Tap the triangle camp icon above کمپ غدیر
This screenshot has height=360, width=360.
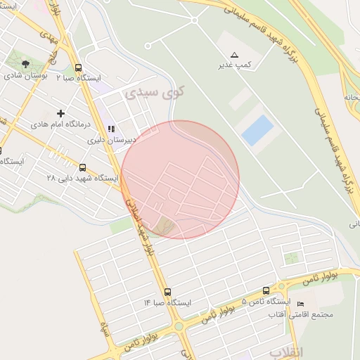(x=234, y=55)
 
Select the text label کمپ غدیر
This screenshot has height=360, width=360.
(x=234, y=65)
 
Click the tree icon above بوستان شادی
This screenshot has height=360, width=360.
(x=26, y=64)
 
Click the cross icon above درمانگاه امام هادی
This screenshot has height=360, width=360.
(x=60, y=113)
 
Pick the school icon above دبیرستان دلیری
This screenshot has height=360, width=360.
(x=110, y=129)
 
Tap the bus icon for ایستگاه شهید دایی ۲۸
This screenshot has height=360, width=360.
(x=83, y=167)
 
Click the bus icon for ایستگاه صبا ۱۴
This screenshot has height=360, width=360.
(x=167, y=292)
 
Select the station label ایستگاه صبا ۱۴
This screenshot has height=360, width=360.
(x=167, y=302)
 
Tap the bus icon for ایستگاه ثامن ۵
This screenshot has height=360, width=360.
(x=266, y=290)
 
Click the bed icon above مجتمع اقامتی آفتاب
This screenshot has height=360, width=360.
(x=301, y=304)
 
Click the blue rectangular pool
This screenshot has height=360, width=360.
(x=257, y=131)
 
